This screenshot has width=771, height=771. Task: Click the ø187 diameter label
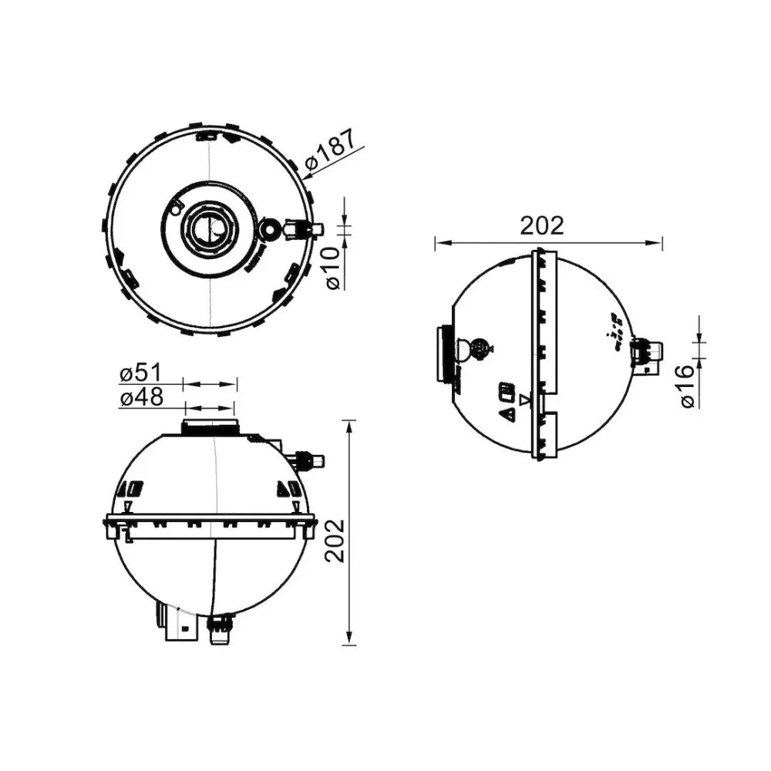(329, 150)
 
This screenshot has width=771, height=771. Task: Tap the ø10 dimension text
(333, 268)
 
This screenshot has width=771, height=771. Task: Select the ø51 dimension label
(140, 373)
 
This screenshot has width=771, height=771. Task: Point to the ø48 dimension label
(141, 397)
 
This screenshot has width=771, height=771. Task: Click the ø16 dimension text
(688, 386)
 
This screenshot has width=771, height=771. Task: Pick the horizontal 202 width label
(542, 226)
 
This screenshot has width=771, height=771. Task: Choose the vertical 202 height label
(336, 541)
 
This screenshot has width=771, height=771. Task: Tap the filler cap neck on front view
(210, 426)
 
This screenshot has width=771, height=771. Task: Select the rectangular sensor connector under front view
(182, 627)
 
